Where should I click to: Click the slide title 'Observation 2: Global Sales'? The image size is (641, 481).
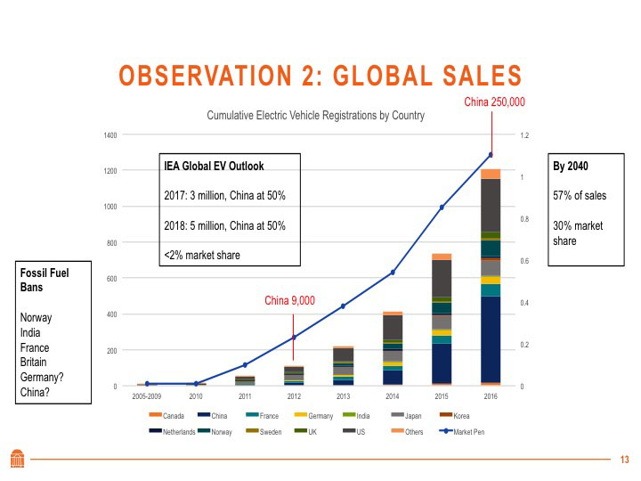coord(320,76)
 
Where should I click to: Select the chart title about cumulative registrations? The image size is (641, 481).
coord(316,115)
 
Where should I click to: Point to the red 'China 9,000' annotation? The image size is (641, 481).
coord(289,300)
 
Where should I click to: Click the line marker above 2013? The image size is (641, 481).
coord(344,306)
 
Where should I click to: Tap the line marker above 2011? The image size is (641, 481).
coord(245,364)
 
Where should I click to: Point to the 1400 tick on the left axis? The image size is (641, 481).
coord(110,135)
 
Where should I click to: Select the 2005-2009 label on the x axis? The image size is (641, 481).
coord(147,395)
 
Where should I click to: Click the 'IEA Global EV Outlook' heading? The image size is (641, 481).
coord(214,166)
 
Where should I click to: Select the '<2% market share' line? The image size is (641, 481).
coord(202,256)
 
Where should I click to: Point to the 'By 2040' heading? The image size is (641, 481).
coord(571,166)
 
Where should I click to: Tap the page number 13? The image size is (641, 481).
coord(624,459)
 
